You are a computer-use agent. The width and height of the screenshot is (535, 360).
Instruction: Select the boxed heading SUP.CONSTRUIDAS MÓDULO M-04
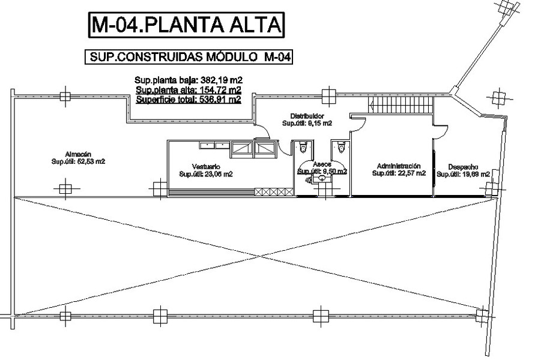[189, 57]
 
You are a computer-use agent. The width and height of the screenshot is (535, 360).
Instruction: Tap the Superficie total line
[189, 100]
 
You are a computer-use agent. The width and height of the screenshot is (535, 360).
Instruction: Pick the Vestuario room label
[206, 166]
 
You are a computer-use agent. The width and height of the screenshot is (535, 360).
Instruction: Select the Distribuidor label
[307, 116]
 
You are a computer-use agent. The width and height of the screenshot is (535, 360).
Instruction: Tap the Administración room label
[398, 166]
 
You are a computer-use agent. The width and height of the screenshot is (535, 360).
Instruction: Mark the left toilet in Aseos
[304, 146]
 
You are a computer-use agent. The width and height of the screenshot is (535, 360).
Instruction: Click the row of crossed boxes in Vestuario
[273, 191]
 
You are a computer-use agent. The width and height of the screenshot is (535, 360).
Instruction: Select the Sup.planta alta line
[189, 90]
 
